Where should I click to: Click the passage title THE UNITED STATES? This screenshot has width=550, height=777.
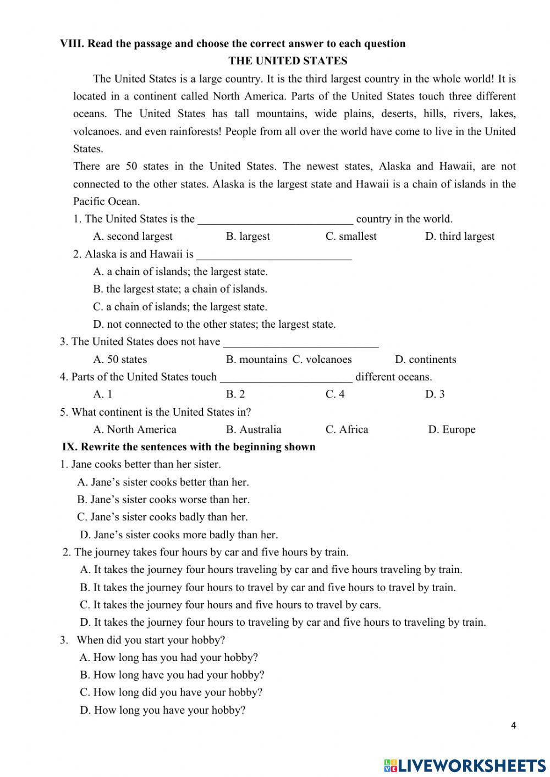tap(288, 61)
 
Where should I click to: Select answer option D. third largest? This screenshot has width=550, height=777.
tap(459, 236)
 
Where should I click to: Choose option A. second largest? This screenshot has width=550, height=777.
tap(133, 236)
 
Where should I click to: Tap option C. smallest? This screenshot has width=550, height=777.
tap(351, 236)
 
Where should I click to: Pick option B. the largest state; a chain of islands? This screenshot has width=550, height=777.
tap(180, 289)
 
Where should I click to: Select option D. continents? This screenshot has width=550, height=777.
tap(425, 360)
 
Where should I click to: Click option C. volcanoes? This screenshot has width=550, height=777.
tap(322, 360)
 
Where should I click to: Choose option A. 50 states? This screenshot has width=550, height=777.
tap(120, 360)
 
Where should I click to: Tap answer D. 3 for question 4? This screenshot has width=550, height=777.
tap(435, 394)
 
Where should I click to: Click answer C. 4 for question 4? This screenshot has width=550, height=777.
tap(335, 394)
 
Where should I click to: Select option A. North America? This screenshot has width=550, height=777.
tap(135, 429)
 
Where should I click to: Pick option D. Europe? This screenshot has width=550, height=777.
tap(452, 429)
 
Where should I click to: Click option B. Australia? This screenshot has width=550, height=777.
tap(254, 429)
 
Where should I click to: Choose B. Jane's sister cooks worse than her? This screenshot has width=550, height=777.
tap(163, 500)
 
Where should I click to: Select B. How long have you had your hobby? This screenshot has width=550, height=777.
tap(172, 675)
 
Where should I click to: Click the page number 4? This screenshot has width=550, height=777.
tap(513, 725)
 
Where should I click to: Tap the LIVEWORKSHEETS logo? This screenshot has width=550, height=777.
tap(465, 765)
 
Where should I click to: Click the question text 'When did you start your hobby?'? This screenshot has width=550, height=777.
tap(151, 640)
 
